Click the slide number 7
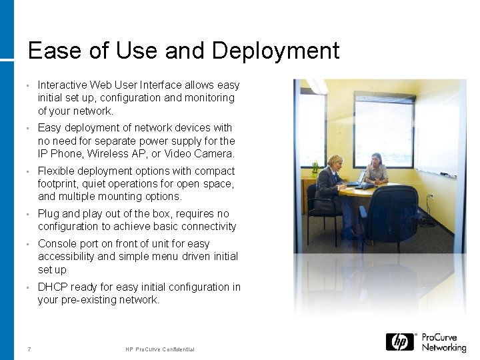click(29, 349)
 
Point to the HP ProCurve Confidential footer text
click(160, 349)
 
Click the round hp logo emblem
click(399, 342)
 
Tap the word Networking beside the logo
click(443, 347)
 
